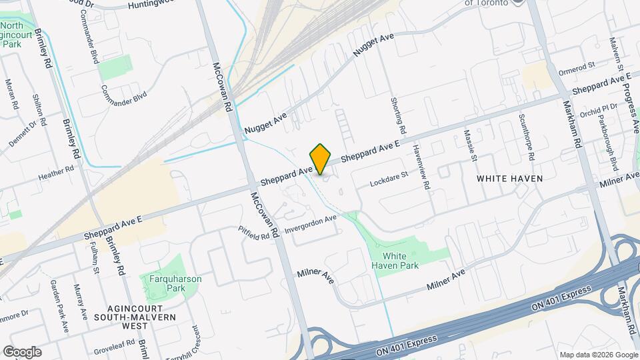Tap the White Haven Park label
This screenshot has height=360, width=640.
point(399,260)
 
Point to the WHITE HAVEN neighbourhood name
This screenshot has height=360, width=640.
point(509,179)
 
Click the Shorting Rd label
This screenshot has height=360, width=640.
point(402,113)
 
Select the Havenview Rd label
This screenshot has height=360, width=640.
point(421,169)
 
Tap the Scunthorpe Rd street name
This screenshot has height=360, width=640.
point(527,139)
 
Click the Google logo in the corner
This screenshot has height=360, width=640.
point(22,352)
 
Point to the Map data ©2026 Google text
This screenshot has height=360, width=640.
point(598,355)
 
